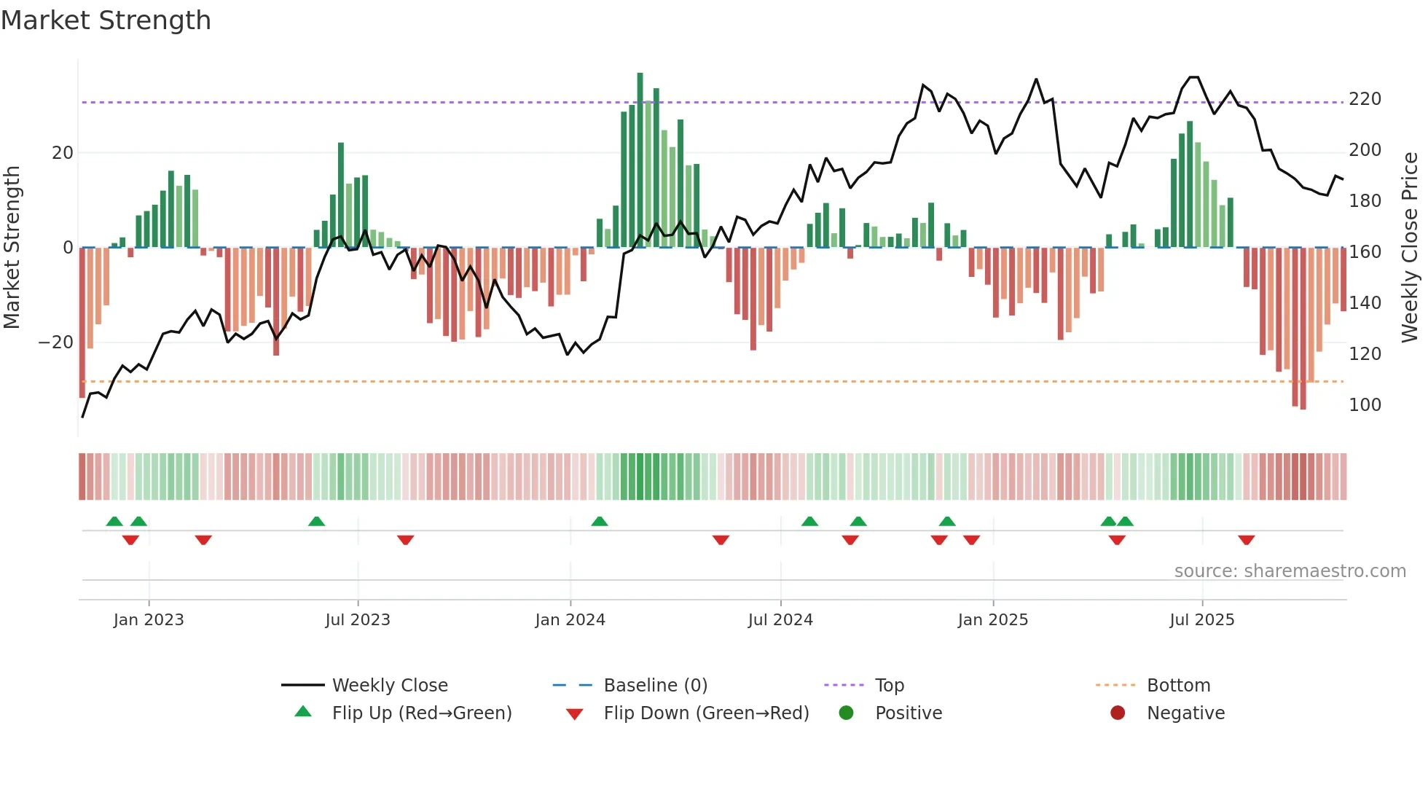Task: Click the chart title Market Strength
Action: pyautogui.click(x=106, y=20)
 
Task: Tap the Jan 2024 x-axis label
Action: pyautogui.click(x=570, y=620)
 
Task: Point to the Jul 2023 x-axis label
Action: pyautogui.click(x=358, y=620)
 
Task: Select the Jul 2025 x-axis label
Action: pyautogui.click(x=1202, y=620)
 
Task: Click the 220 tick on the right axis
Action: pyautogui.click(x=1365, y=99)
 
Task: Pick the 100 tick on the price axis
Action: pyautogui.click(x=1365, y=405)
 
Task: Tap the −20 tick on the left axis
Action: pyautogui.click(x=55, y=342)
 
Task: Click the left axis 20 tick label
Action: pyautogui.click(x=63, y=153)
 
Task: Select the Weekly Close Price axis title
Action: pyautogui.click(x=1411, y=248)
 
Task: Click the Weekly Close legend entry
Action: pyautogui.click(x=389, y=686)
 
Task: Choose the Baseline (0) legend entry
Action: pyautogui.click(x=655, y=686)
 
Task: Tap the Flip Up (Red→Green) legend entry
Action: pyautogui.click(x=421, y=713)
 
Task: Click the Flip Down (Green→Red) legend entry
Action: pyautogui.click(x=706, y=713)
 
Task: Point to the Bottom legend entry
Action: pyautogui.click(x=1178, y=686)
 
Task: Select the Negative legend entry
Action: pyautogui.click(x=1185, y=713)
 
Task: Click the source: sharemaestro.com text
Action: pyautogui.click(x=1290, y=571)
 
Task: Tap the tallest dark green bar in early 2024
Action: pyautogui.click(x=640, y=160)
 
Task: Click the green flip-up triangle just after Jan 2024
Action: pyautogui.click(x=600, y=521)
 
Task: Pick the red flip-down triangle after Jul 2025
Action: pyautogui.click(x=1246, y=540)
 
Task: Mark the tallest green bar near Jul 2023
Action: pyautogui.click(x=341, y=195)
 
